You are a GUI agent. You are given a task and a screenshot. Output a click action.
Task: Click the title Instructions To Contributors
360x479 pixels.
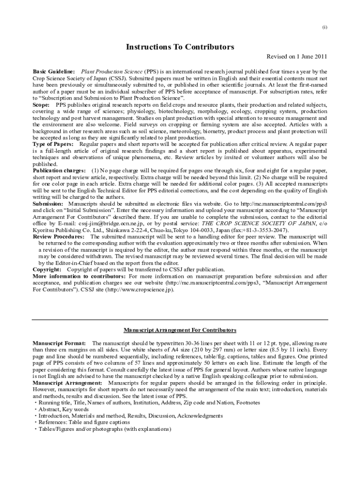tap(180, 47)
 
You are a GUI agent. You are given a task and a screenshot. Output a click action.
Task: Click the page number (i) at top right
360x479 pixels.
tap(324, 27)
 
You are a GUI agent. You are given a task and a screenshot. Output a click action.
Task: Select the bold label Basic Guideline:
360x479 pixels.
tap(54, 71)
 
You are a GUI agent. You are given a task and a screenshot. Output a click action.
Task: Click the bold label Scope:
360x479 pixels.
tap(41, 105)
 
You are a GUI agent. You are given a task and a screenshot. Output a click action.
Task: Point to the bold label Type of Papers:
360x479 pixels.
tap(53, 145)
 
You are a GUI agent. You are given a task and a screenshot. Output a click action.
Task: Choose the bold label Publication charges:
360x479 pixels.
tap(59, 171)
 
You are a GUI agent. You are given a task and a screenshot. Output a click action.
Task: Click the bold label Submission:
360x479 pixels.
tap(48, 204)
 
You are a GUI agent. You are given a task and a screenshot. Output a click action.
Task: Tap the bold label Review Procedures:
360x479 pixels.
tap(58, 237)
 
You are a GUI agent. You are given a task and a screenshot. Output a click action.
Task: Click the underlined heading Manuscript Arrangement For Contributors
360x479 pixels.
tap(180, 330)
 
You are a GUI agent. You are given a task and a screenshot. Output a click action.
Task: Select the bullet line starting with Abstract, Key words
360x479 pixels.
tap(64, 409)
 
